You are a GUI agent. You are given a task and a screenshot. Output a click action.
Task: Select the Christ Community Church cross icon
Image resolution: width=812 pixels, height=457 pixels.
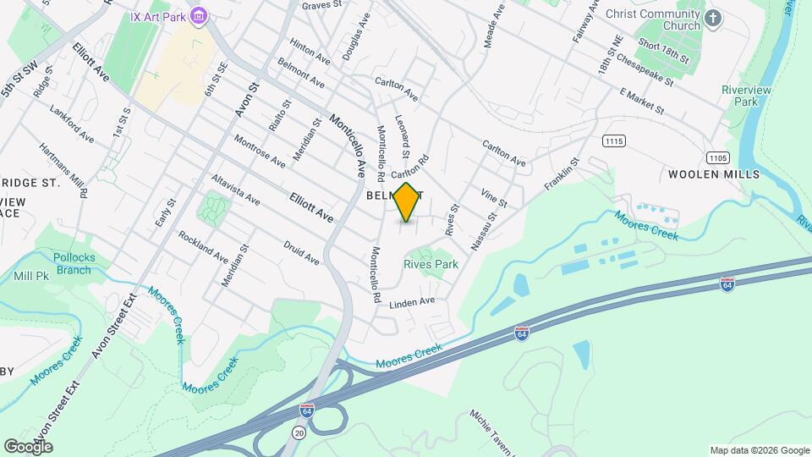(715, 19)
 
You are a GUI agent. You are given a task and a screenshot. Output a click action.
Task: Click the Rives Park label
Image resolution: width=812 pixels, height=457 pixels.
(431, 264)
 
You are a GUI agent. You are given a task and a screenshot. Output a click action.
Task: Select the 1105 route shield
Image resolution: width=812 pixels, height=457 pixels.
(718, 157)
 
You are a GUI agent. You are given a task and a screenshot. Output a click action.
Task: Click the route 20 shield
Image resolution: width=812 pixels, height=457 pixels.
(299, 432)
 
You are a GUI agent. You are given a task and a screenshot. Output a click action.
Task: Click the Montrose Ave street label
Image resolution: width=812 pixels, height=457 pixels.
(260, 151)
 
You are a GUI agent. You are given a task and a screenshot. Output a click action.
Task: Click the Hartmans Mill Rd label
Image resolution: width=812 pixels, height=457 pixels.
(63, 169)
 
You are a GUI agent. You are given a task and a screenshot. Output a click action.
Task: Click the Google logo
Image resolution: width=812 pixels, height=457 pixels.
(28, 446)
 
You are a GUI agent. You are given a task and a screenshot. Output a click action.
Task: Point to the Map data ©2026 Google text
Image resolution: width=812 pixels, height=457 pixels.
(759, 450)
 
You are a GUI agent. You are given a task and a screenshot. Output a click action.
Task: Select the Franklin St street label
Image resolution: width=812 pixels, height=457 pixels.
(562, 173)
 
